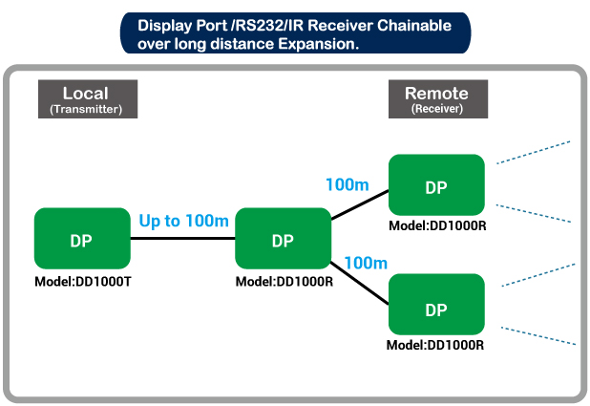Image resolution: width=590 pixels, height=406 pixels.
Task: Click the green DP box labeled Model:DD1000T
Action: [x=82, y=239]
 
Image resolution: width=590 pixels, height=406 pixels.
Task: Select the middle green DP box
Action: [x=283, y=239]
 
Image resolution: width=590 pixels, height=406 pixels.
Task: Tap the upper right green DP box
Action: [x=436, y=185]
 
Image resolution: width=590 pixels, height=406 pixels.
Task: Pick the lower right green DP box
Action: [x=436, y=305]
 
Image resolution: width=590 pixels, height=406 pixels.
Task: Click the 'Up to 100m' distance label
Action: [x=184, y=221]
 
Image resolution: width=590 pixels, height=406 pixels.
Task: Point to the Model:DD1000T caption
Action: [x=83, y=282]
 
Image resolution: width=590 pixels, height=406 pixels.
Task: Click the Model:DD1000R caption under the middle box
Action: [x=284, y=282]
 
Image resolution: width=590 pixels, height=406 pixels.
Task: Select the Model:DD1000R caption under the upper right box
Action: [x=437, y=226]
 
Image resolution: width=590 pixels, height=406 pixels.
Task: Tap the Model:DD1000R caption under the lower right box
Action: [x=435, y=346]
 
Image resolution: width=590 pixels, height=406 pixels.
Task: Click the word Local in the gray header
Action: [x=86, y=94]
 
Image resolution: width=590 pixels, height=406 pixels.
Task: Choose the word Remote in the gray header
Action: [x=436, y=94]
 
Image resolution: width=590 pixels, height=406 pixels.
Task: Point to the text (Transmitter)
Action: [x=86, y=109]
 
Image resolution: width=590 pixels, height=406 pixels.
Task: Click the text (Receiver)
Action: [x=437, y=109]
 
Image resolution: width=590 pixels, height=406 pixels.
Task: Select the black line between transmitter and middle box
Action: [x=183, y=239]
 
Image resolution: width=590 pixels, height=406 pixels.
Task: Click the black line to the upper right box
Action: [x=360, y=204]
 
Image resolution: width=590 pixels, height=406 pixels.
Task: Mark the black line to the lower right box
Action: [x=359, y=283]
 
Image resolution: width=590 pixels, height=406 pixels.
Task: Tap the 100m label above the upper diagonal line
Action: [x=348, y=185]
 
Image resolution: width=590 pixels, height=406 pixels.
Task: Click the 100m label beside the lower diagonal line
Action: [x=366, y=264]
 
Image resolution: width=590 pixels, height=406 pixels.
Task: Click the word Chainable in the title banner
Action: [x=414, y=26]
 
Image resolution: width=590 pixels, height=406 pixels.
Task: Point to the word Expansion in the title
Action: [x=319, y=44]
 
